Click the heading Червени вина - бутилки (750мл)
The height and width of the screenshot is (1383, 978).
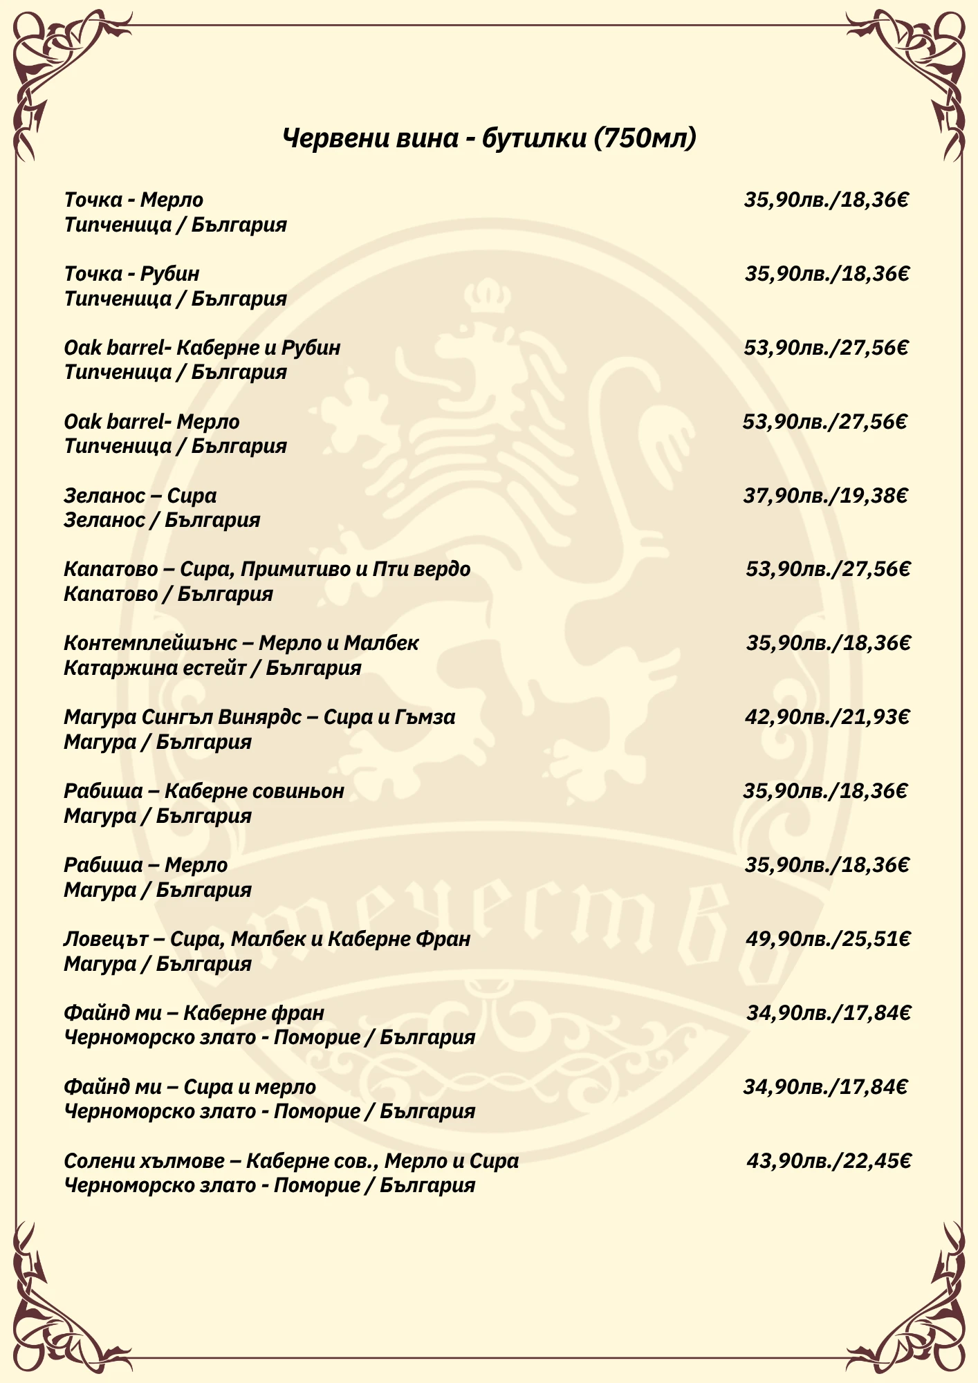tap(489, 138)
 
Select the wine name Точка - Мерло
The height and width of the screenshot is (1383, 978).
tap(133, 200)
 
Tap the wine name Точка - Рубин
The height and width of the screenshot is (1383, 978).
tap(131, 274)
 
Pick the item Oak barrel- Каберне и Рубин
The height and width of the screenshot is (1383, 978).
tap(202, 347)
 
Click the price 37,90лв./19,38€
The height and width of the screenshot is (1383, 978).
tap(825, 495)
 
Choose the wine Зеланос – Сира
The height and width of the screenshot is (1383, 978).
tap(140, 495)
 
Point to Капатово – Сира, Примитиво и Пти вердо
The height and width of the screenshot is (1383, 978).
tap(267, 569)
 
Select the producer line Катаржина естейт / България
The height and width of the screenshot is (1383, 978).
tap(212, 668)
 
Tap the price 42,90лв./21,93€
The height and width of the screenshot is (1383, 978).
tap(827, 717)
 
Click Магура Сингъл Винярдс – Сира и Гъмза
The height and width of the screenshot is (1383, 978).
tap(259, 717)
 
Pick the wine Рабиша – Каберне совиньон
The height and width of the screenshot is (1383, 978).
tap(204, 790)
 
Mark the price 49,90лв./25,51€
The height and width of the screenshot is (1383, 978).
tap(828, 939)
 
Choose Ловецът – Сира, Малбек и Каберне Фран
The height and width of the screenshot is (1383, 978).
tap(267, 939)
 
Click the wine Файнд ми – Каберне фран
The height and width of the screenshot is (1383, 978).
tap(194, 1013)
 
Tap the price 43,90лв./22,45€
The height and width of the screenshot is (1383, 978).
tap(829, 1161)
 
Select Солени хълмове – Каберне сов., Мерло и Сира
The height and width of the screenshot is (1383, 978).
tap(291, 1161)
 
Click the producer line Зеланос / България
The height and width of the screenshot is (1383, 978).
tap(162, 520)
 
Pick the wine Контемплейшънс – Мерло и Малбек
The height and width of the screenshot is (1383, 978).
tap(241, 643)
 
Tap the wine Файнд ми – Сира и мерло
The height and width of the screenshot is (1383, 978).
tap(190, 1087)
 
